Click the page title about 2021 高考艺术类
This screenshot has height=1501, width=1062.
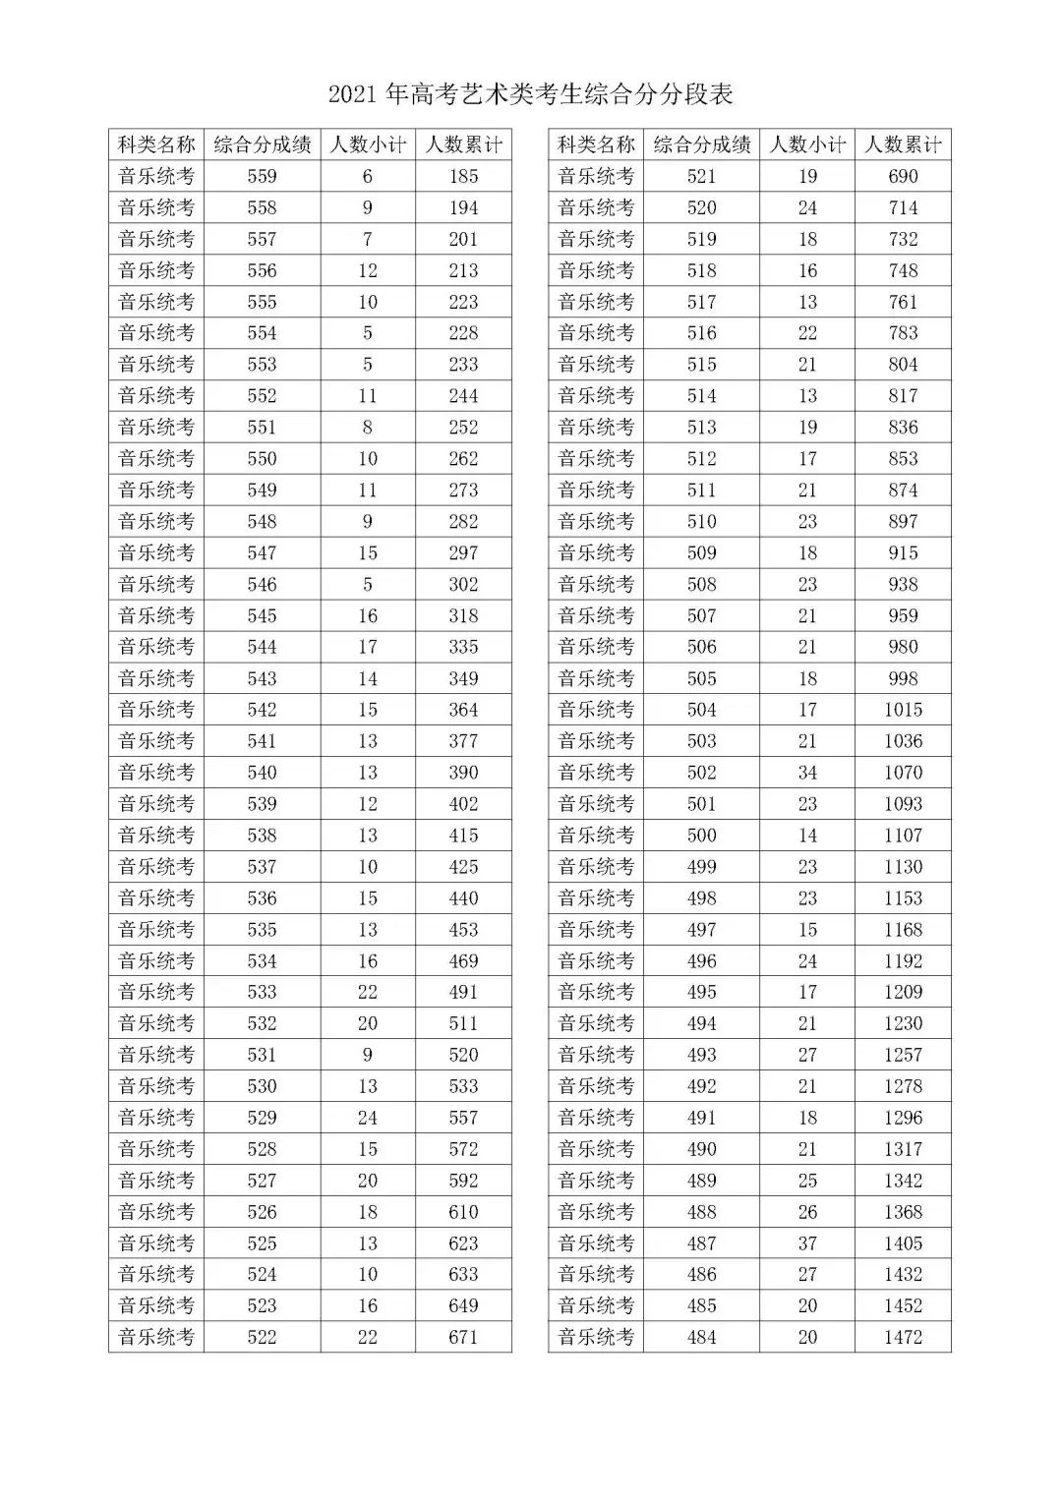coord(531,94)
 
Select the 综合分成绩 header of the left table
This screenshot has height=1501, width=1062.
coord(263,144)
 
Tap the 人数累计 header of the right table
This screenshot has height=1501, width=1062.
coord(903,144)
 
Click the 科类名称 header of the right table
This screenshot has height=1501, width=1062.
coord(596,144)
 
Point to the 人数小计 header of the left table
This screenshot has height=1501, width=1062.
coord(368,144)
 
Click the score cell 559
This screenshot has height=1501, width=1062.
coord(263,176)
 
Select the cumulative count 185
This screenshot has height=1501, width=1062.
coord(463,176)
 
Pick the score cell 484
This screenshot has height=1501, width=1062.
coord(702,1337)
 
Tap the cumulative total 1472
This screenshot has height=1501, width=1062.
coord(903,1337)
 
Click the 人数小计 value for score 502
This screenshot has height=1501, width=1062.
coord(807,773)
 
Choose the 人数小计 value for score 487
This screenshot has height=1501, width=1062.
coord(807,1243)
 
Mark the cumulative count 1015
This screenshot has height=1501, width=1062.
coord(903,710)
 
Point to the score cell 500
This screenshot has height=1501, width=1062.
coord(702,836)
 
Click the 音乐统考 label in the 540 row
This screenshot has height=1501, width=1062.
coord(156,773)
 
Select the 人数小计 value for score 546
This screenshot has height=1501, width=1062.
coord(368,584)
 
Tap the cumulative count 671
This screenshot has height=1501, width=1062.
coord(463,1337)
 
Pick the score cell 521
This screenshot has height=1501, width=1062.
coord(702,176)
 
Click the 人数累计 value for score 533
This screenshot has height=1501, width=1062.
coord(463,992)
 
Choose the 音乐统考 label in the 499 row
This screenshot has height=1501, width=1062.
coord(596,867)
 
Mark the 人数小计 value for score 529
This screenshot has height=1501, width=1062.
coord(368,1118)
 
